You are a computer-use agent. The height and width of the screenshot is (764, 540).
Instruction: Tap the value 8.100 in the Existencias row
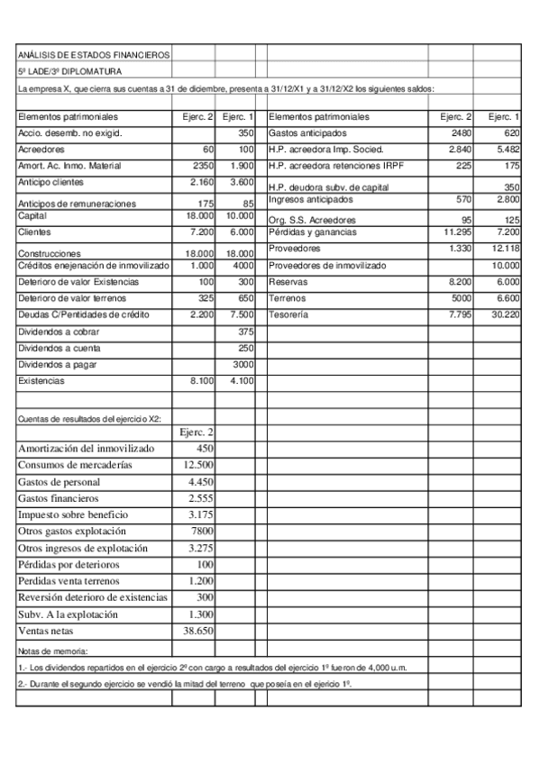200,381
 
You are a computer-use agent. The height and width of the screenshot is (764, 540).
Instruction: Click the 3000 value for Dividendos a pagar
243,364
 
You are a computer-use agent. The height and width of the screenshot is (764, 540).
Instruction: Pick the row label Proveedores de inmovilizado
326,266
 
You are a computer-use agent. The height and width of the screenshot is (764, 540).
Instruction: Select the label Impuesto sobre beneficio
73,514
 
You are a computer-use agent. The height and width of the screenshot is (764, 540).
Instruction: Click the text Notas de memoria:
52,650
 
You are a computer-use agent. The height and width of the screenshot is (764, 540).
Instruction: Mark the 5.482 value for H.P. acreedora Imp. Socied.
504,149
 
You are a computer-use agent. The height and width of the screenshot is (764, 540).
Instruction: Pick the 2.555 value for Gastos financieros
200,498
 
